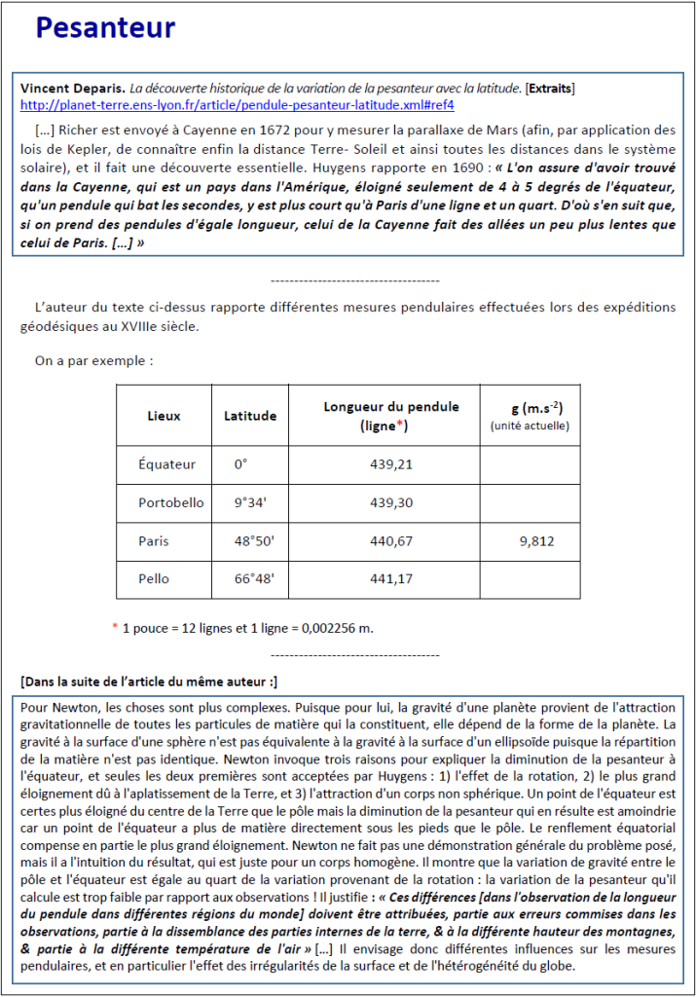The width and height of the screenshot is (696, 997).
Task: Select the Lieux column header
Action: click(x=164, y=416)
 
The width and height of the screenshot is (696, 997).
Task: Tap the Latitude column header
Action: click(x=250, y=416)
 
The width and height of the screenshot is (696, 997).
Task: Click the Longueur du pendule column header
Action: click(x=391, y=407)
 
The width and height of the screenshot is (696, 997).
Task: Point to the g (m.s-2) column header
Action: click(x=530, y=407)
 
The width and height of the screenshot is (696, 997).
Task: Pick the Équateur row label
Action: click(x=167, y=464)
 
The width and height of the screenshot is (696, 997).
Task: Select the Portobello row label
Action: click(x=171, y=502)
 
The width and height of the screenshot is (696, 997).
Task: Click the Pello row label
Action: click(x=154, y=578)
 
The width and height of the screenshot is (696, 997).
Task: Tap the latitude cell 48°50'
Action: click(x=254, y=540)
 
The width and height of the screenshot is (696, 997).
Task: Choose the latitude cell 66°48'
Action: click(x=254, y=578)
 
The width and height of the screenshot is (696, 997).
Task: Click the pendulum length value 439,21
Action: click(x=391, y=464)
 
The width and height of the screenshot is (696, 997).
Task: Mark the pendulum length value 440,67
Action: click(x=391, y=540)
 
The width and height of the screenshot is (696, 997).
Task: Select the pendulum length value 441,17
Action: click(x=391, y=578)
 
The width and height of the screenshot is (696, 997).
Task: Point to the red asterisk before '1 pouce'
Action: click(x=115, y=627)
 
